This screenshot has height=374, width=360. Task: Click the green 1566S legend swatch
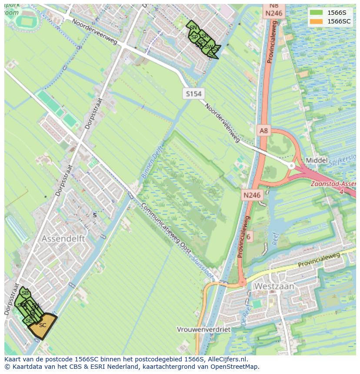317,13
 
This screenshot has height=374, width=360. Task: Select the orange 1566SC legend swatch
317,21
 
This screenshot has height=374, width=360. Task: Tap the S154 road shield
194,94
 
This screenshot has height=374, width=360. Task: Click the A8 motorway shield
264,130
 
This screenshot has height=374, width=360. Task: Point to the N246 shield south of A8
252,195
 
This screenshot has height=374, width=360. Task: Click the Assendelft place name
63,239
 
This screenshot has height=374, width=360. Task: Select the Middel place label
317,160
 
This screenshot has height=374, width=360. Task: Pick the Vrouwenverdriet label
203,329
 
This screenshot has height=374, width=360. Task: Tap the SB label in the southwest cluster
25,293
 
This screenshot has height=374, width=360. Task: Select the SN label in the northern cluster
193,28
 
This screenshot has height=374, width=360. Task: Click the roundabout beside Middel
292,165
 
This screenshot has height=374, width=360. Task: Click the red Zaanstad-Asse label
333,184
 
